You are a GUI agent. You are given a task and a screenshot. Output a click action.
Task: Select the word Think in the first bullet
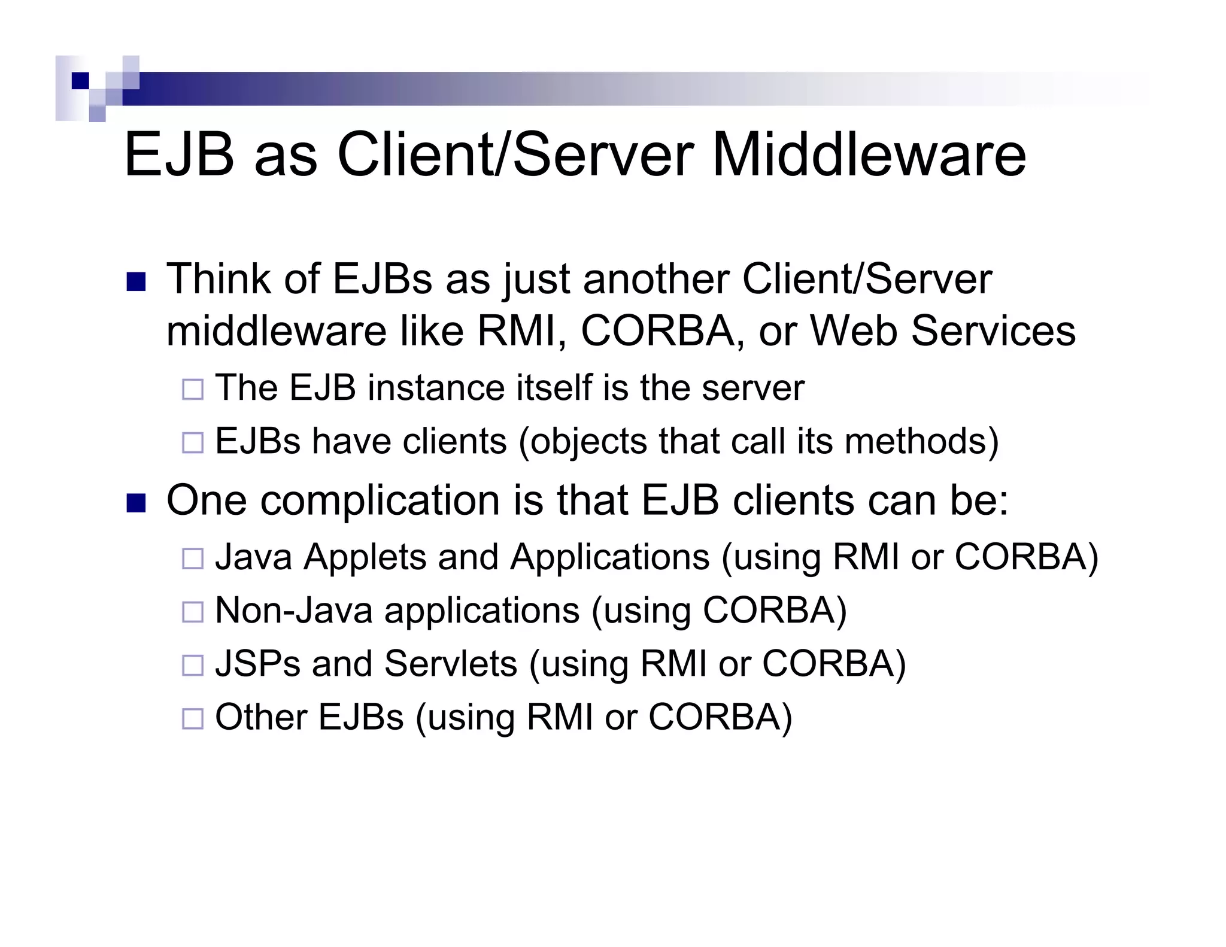tap(219, 279)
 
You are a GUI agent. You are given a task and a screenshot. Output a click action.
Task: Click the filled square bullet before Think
tap(136, 282)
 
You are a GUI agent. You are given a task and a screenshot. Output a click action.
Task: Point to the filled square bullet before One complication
tap(136, 503)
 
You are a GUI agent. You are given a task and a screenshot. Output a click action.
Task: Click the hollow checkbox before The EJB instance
tap(193, 390)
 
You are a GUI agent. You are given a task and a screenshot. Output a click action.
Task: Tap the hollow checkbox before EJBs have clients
tap(193, 443)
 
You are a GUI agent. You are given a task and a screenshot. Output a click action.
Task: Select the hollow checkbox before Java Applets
tap(193, 559)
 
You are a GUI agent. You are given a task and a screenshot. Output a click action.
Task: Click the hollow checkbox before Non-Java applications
tap(193, 612)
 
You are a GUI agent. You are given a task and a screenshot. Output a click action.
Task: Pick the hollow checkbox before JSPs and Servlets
tap(193, 665)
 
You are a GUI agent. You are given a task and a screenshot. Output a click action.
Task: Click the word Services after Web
tap(993, 331)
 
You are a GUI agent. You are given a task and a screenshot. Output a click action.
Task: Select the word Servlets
tap(450, 663)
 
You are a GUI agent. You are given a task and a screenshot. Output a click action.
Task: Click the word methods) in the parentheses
tap(921, 441)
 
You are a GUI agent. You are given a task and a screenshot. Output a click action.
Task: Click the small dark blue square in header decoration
tap(80, 81)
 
